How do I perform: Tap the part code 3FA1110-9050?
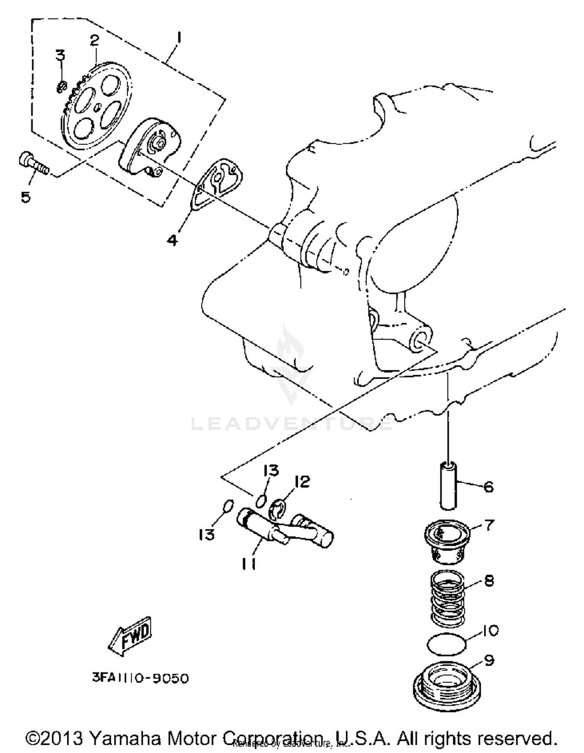[141, 678]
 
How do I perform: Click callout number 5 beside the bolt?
[26, 197]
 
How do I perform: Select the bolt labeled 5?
[33, 164]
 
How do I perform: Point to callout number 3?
[60, 55]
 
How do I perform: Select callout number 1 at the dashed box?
[179, 38]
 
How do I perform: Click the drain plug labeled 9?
[447, 684]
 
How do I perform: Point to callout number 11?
[249, 564]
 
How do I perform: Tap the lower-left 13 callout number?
[207, 534]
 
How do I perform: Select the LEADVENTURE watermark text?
[292, 424]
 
